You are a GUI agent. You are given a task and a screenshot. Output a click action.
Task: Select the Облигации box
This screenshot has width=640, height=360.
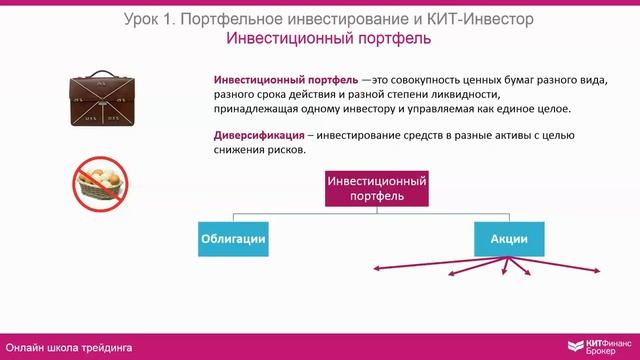tap(233, 240)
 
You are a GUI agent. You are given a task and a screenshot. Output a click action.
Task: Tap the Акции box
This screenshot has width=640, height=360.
tap(508, 240)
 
